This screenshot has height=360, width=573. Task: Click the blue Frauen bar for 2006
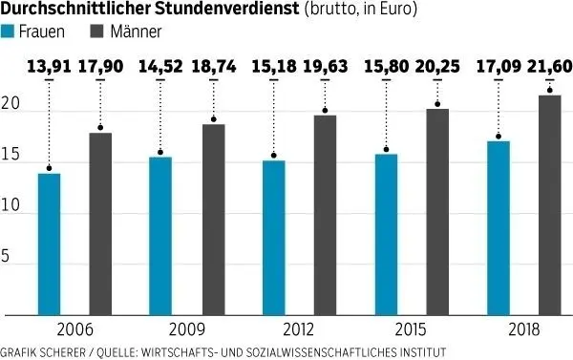point(49,244)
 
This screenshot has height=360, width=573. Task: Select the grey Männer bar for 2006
point(100,223)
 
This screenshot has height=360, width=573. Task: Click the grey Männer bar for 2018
point(549,204)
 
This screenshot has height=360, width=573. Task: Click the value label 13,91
point(49,68)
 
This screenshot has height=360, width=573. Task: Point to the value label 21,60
point(549,68)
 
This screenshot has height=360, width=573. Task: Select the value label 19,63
point(325,68)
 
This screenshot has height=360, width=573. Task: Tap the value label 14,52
point(161,68)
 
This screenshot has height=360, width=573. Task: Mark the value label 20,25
point(437,68)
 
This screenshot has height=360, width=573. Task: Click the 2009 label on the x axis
point(187,329)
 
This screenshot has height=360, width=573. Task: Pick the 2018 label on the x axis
point(523,329)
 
